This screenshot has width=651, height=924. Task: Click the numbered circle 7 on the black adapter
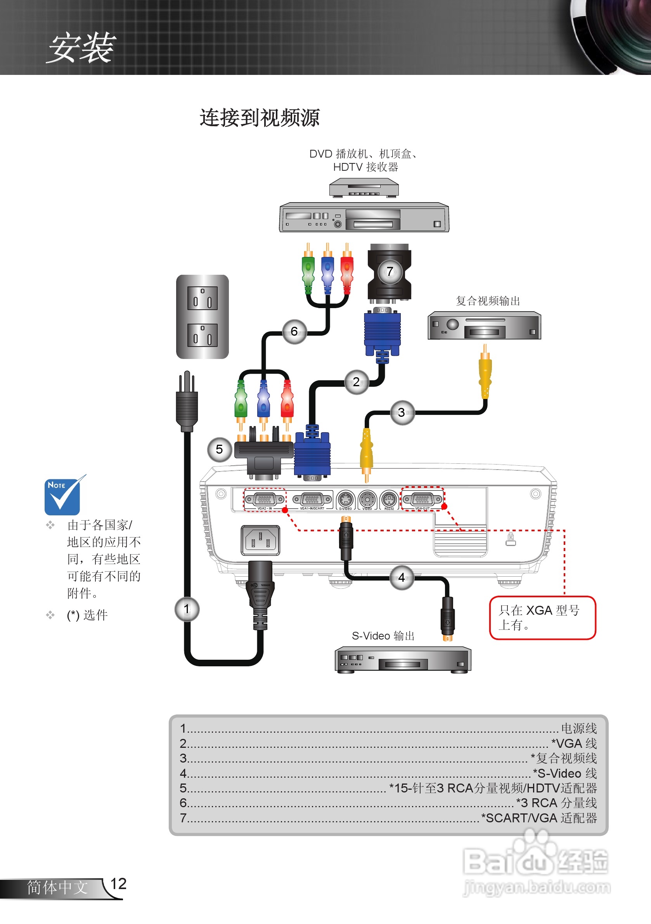pos(390,272)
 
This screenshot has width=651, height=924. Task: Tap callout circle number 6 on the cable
pos(294,331)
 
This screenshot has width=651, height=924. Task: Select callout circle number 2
pos(356,381)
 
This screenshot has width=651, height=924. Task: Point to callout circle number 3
pos(402,412)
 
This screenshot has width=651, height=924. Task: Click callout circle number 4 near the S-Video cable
pos(402,577)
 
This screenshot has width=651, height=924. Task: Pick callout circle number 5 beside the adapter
pos(219,449)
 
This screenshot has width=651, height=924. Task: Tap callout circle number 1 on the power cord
pos(187,609)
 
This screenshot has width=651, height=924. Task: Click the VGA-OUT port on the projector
pos(422,499)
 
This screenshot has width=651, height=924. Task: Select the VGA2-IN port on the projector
pos(264,499)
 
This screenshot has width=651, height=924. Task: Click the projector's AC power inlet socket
pos(260,540)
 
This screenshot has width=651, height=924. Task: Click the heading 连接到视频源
pos(260,118)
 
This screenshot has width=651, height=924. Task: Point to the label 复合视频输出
pos(488,301)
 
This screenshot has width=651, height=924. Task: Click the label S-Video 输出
pos(383,636)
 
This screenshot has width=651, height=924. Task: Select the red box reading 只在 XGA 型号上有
pos(542,617)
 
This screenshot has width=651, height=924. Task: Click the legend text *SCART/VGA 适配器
pos(539,818)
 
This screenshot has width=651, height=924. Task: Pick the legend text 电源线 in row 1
pos(578,728)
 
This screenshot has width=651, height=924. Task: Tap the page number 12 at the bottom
pos(118,884)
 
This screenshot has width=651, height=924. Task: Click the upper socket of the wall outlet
pos(203,298)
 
